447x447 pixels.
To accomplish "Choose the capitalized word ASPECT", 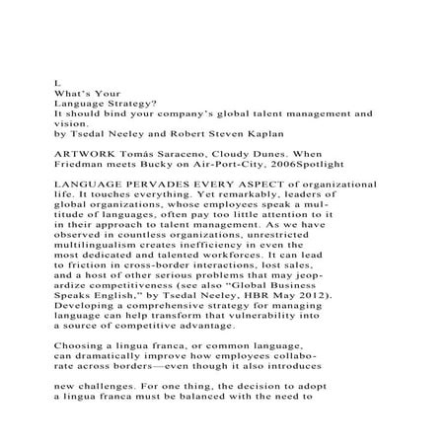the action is tap(264, 186).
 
